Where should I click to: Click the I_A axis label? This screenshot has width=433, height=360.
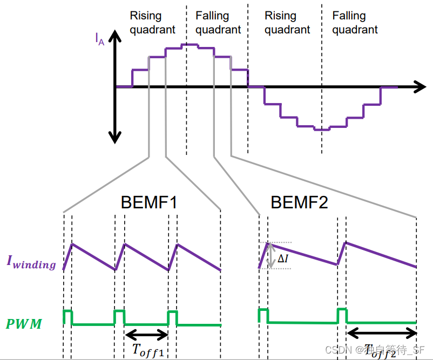100,38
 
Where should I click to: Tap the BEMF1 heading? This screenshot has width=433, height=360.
149,203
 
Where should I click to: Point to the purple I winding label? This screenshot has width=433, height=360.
31,262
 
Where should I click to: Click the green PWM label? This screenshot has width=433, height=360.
24,324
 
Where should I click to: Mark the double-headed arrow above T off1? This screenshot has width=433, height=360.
146,335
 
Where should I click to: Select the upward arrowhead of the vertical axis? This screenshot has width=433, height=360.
114,37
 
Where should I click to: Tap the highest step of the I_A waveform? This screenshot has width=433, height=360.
190,44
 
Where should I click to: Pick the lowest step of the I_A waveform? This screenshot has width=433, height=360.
322,130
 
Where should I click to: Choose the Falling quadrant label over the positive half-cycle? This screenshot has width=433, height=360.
218,23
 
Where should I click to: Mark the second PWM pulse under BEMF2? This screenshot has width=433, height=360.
342,314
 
